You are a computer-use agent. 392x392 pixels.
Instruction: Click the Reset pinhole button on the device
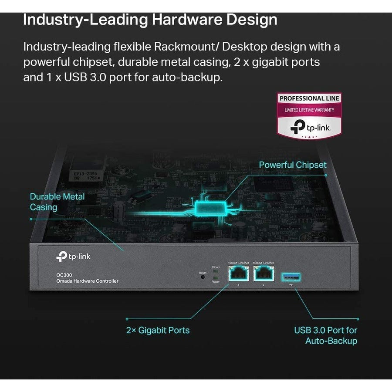click(x=203, y=277)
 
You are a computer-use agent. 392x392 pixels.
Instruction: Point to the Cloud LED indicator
click(x=216, y=272)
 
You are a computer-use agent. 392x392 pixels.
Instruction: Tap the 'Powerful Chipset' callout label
click(x=292, y=165)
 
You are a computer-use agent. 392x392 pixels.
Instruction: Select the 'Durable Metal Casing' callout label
click(x=57, y=202)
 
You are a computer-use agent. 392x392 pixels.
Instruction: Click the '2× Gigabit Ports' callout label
click(x=158, y=330)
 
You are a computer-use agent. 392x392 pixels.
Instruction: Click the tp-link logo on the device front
click(x=73, y=257)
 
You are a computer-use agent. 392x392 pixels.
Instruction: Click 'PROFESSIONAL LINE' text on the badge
click(x=309, y=98)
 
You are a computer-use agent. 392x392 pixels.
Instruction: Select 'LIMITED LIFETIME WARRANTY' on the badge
click(x=309, y=110)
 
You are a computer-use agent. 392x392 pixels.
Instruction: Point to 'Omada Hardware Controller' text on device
click(x=87, y=281)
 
